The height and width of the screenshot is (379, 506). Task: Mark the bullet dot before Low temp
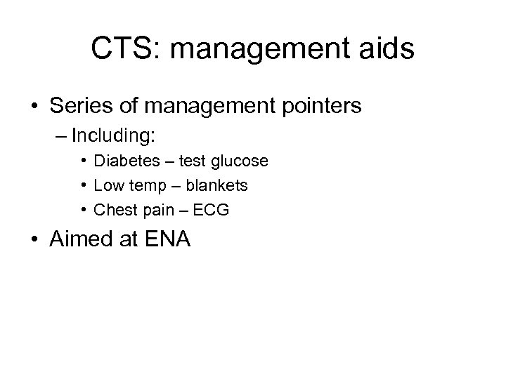83,185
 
